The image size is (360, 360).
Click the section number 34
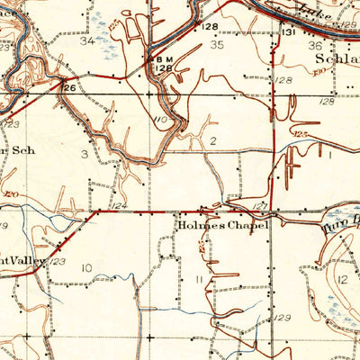pyautogui.click(x=87, y=41)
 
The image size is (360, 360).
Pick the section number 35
pyautogui.click(x=217, y=44)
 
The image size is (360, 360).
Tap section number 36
pyautogui.click(x=316, y=46)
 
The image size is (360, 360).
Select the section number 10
pyautogui.click(x=86, y=268)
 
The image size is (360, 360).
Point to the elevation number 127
pyautogui.click(x=258, y=206)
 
